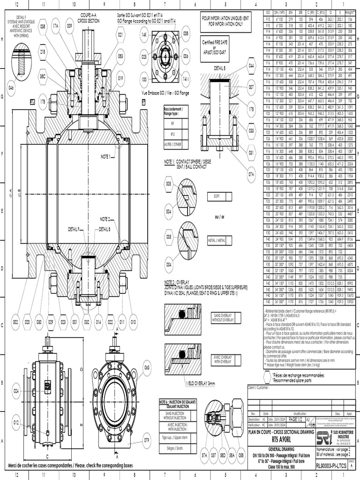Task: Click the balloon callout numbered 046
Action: [x=11, y=88]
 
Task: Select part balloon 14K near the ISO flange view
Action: [x=144, y=35]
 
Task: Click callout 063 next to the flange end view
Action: [x=147, y=367]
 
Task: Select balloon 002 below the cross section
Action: [x=15, y=322]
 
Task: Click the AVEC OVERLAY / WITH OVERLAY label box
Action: [x=223, y=360]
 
